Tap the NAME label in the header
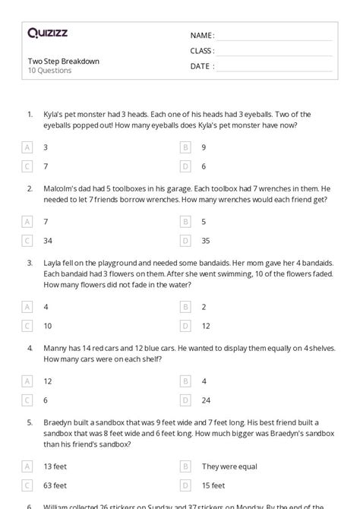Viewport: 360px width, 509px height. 202,35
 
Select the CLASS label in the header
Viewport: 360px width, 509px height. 203,51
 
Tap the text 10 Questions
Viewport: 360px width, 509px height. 49,71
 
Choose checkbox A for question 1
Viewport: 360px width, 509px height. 28,147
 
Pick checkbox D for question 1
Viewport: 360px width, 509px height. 185,166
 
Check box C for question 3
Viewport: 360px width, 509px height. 28,325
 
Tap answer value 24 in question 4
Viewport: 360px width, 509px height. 206,400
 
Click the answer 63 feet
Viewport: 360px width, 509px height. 55,485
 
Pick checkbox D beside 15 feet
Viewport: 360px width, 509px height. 185,485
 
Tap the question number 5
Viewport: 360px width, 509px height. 30,422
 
